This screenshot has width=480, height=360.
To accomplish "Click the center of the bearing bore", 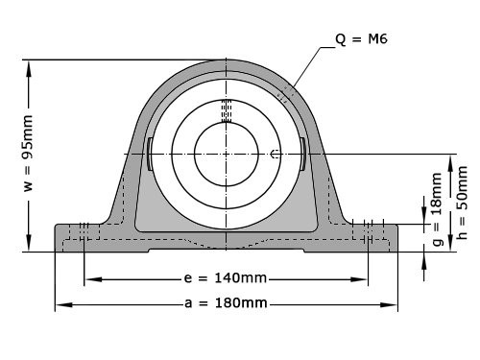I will coord(227,154).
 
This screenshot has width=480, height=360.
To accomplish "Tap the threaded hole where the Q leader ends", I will coord(284,94).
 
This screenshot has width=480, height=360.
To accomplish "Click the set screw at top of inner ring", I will coord(227,110).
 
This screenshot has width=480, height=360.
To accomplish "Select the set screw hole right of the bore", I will coord(276,154).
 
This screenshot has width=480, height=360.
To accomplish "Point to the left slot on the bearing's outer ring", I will coord(151,154).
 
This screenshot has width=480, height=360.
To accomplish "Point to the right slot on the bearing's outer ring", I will coord(302,154).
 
